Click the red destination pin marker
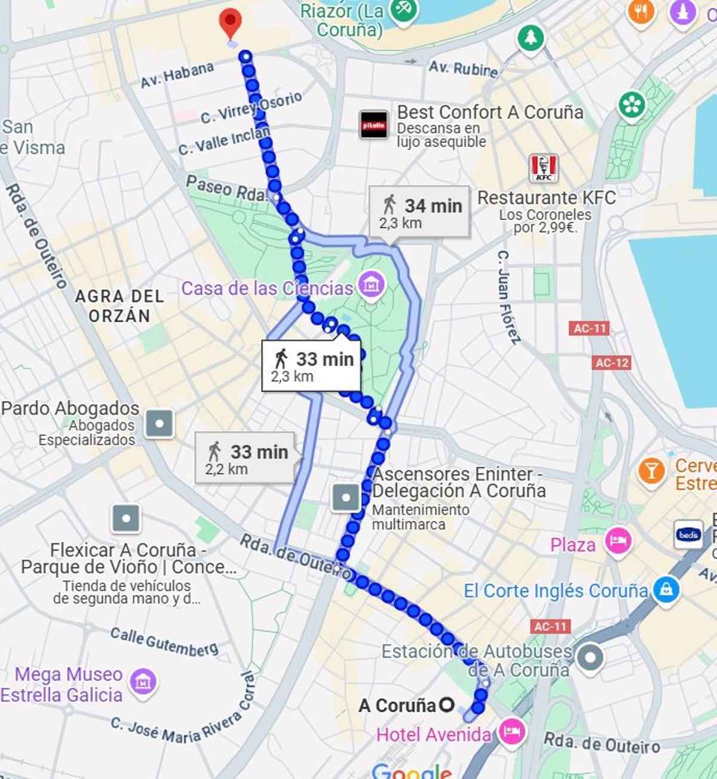[230, 22]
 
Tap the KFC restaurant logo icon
[544, 168]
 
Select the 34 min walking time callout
[419, 212]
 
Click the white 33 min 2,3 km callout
[311, 366]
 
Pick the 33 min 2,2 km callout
[245, 458]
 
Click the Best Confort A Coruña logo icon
[373, 125]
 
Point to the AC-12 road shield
[612, 362]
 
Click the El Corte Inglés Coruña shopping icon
[666, 590]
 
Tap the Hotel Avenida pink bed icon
[511, 732]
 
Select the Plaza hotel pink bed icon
[618, 542]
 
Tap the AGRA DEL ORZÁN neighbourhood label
[119, 306]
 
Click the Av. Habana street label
[177, 75]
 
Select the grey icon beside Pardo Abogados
[160, 424]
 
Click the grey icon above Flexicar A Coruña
[126, 518]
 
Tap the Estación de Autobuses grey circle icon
[590, 658]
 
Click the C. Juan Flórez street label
[508, 297]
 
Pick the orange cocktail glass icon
[651, 472]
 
